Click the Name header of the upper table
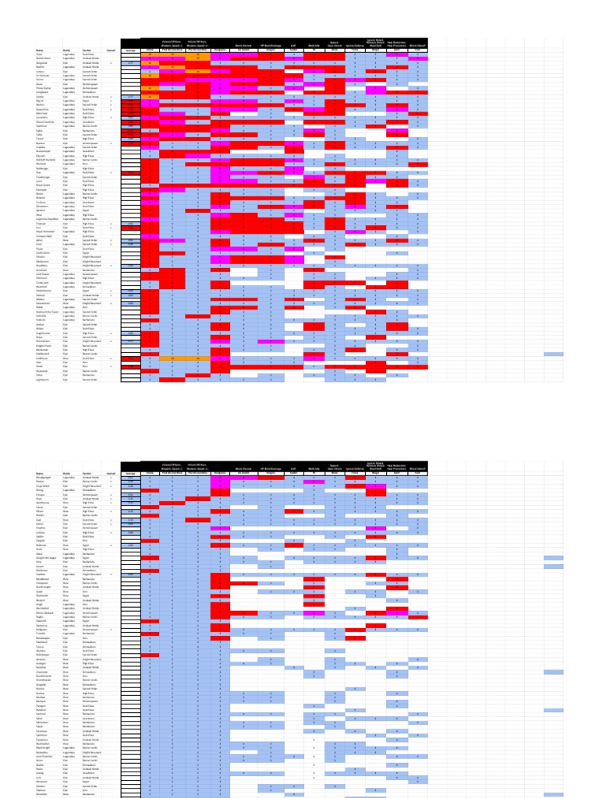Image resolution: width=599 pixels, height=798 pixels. [x=38, y=49]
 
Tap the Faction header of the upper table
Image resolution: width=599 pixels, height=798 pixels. [x=87, y=49]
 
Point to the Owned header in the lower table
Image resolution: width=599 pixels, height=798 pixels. [x=111, y=473]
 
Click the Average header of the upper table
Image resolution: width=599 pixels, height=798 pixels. [x=130, y=49]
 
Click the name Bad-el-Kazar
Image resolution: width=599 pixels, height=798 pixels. [x=44, y=58]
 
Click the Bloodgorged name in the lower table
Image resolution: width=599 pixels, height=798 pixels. [x=44, y=477]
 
